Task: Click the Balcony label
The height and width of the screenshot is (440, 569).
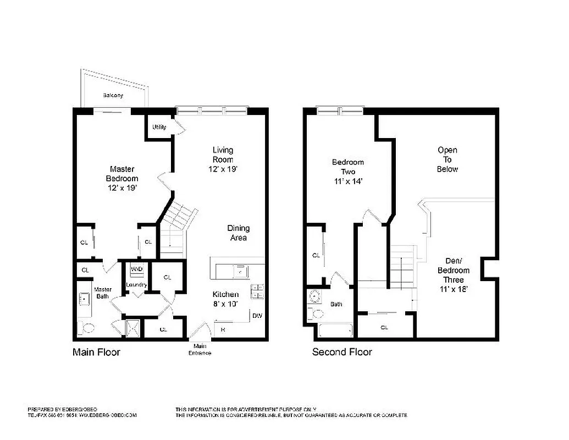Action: [113, 96]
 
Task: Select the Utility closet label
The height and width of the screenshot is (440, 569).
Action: [159, 127]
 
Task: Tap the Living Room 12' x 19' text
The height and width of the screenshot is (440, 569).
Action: [223, 159]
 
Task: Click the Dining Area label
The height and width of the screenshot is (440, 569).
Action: [239, 233]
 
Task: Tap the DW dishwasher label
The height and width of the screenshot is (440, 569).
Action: [257, 316]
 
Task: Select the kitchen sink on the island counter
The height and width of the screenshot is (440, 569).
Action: [240, 271]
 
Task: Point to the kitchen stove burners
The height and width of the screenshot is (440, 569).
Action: [257, 291]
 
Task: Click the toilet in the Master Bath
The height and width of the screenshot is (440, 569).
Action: [86, 328]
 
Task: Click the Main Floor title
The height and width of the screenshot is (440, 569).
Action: [96, 352]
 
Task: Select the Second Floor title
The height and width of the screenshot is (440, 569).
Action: [342, 352]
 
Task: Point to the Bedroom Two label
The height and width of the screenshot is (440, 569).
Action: [347, 171]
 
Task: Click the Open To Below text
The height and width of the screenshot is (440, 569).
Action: [447, 159]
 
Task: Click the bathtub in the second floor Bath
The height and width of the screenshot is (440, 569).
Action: [335, 331]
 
